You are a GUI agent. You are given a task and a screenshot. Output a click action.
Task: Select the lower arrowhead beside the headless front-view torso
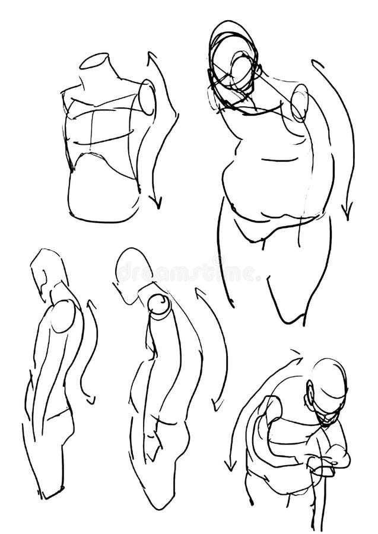click(157, 204)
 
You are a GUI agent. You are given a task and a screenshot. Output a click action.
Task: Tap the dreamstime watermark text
click(189, 274)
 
